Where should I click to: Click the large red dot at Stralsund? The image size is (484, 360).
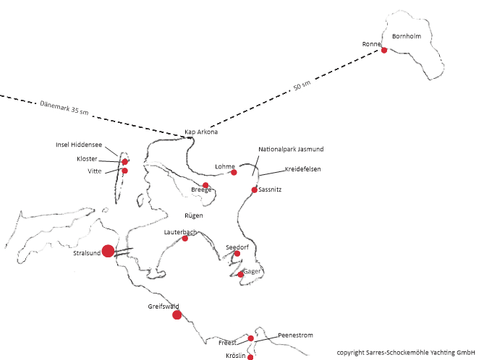pyautogui.click(x=108, y=251)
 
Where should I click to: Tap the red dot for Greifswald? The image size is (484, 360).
pyautogui.click(x=177, y=315)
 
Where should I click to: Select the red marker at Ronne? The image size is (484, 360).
pyautogui.click(x=384, y=50)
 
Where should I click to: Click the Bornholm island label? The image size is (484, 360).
pyautogui.click(x=407, y=36)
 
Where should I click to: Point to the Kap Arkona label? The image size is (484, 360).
pyautogui.click(x=201, y=132)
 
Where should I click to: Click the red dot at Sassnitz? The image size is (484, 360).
pyautogui.click(x=255, y=189)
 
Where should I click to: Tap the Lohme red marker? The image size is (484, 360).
pyautogui.click(x=234, y=172)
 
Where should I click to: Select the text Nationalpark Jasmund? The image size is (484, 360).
pyautogui.click(x=291, y=149)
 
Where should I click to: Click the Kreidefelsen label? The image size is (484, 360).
pyautogui.click(x=303, y=169)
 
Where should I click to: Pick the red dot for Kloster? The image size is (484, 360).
pyautogui.click(x=124, y=162)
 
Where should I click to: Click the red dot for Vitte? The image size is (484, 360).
pyautogui.click(x=124, y=171)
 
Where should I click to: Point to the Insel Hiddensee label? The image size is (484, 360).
pyautogui.click(x=79, y=145)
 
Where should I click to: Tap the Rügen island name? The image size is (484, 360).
pyautogui.click(x=194, y=215)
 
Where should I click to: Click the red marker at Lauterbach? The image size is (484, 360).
pyautogui.click(x=185, y=238)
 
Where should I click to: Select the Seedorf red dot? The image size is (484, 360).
pyautogui.click(x=237, y=254)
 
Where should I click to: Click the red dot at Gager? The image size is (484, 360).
pyautogui.click(x=240, y=274)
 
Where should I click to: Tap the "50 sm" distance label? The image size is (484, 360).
pyautogui.click(x=302, y=85)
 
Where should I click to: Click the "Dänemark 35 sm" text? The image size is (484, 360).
pyautogui.click(x=64, y=108)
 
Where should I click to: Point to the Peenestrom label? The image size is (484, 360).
pyautogui.click(x=295, y=335)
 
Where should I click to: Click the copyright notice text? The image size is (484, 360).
pyautogui.click(x=406, y=352)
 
